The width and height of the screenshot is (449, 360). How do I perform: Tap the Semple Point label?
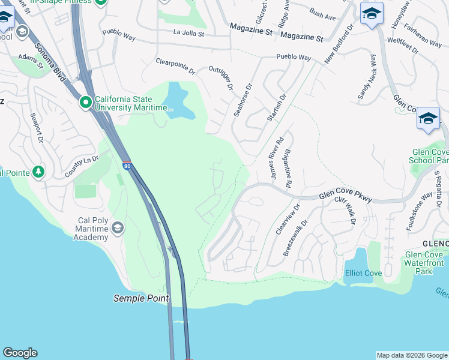coord(141,298)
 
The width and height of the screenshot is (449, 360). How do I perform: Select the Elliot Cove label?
coord(363,273)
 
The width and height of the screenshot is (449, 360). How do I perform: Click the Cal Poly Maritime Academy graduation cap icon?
coord(118,227)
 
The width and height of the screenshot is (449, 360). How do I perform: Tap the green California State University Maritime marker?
coord(85,103)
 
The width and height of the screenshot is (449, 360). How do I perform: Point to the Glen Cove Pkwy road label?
coord(345,196)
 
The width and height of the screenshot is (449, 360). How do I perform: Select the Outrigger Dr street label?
coord(220,77)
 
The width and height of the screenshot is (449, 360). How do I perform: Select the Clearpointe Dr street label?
coord(175,66)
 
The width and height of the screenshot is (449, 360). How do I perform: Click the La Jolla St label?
coord(189,33)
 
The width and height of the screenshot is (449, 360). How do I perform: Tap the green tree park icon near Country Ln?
coord(39,173)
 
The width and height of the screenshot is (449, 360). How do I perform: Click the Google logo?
coord(20,353)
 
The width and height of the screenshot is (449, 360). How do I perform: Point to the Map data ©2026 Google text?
coord(411,355)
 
